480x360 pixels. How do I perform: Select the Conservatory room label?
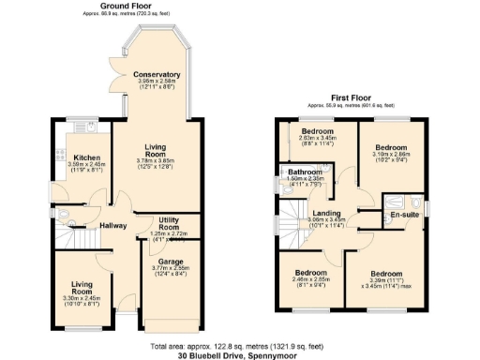[157, 74]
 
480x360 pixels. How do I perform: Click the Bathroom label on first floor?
[306, 172]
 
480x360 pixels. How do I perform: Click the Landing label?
[326, 213]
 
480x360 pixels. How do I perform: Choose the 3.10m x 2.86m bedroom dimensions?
[391, 157]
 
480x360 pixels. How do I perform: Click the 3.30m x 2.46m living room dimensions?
[79, 297]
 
